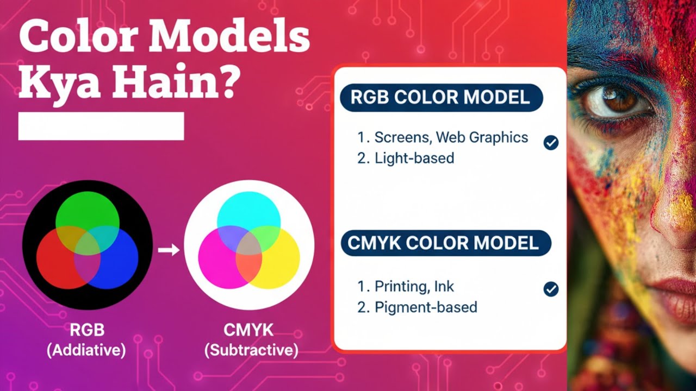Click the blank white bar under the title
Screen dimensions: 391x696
point(101,126)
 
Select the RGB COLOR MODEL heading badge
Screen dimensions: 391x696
point(441,98)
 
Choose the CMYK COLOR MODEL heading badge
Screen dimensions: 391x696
point(445,243)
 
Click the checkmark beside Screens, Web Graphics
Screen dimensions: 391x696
point(551,143)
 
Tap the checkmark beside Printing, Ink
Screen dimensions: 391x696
point(551,289)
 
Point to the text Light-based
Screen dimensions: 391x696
point(414,159)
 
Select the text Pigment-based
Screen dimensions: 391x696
point(425,307)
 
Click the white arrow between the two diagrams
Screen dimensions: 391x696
point(169,250)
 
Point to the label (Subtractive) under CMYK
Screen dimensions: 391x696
point(251,350)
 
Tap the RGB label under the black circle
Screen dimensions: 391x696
point(87,330)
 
